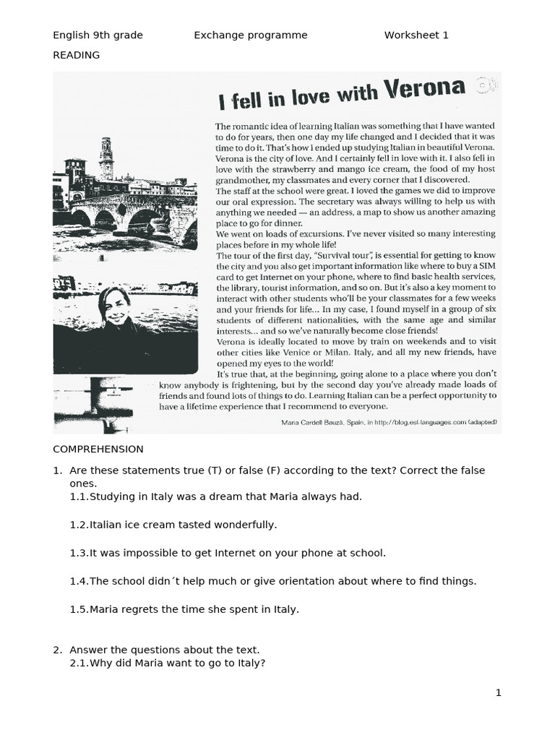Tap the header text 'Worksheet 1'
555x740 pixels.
(416, 35)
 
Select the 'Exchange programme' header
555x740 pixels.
(250, 35)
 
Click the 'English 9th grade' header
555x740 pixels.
(98, 35)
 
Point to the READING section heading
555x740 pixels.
(76, 55)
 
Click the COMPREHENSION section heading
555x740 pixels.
(98, 449)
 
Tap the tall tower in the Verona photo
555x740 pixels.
(106, 158)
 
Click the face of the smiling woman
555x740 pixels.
(116, 306)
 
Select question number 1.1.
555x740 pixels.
(79, 496)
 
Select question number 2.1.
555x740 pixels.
(79, 663)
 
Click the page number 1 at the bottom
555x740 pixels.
(498, 693)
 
